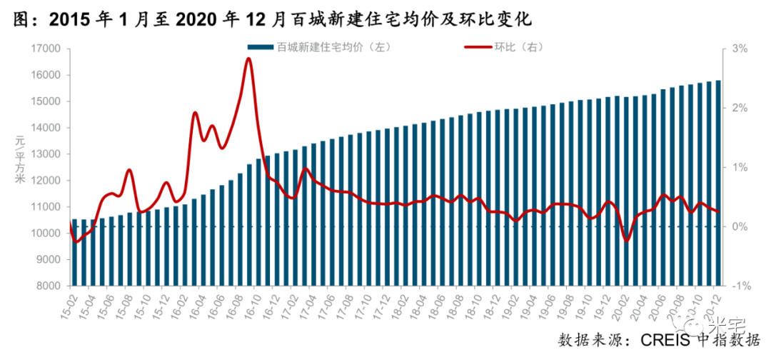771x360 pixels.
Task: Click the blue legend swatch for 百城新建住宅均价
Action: point(261,47)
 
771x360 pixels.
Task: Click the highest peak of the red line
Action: point(248,59)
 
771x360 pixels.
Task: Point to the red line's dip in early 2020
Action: point(627,240)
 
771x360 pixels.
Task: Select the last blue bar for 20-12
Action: point(717,182)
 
